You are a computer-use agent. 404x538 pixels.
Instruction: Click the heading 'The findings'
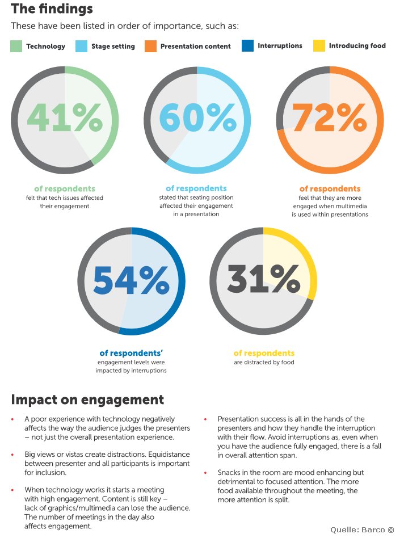tap(52, 9)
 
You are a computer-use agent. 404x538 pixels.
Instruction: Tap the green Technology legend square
tap(16, 47)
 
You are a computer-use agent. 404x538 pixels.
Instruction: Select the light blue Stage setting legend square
tap(81, 47)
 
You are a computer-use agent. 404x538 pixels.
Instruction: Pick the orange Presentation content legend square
tap(150, 47)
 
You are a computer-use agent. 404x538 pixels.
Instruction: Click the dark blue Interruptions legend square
tap(247, 45)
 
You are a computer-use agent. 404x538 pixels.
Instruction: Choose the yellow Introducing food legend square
tap(319, 45)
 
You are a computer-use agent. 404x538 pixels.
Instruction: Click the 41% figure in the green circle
tap(65, 117)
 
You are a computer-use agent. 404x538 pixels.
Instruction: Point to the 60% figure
tap(198, 117)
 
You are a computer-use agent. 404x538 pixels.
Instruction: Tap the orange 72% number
tap(330, 117)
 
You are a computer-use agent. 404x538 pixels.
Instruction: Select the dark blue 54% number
tap(131, 280)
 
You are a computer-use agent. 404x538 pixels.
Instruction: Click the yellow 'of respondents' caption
tap(264, 353)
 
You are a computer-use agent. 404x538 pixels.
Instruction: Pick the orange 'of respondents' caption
tap(330, 189)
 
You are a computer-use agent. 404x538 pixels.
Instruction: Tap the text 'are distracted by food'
tap(264, 362)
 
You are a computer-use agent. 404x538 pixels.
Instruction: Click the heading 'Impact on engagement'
tap(87, 400)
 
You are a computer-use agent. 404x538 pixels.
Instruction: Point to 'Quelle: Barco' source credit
tap(362, 529)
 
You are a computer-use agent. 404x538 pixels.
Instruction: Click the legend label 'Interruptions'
tap(280, 45)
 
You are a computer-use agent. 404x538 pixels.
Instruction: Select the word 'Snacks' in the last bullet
tap(229, 473)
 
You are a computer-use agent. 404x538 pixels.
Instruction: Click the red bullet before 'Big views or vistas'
tap(12, 455)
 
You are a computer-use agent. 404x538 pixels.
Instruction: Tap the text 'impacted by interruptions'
tap(131, 371)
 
